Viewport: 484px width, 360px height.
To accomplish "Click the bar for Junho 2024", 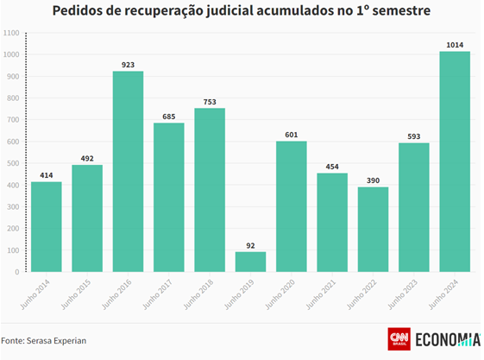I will [x=455, y=161].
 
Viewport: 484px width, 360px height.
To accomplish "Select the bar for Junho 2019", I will [x=250, y=262].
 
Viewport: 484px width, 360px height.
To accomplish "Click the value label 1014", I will [x=455, y=44].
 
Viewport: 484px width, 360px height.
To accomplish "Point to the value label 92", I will [x=250, y=244].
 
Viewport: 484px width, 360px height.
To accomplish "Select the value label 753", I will [x=210, y=100].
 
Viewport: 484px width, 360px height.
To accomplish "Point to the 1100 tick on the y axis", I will [x=12, y=33].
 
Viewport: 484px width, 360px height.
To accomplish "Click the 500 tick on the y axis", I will [x=14, y=163].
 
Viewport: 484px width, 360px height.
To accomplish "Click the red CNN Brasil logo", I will [x=399, y=339].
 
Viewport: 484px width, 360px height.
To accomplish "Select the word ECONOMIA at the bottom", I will [x=448, y=339].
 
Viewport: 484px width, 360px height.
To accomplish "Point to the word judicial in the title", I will [x=250, y=12].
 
